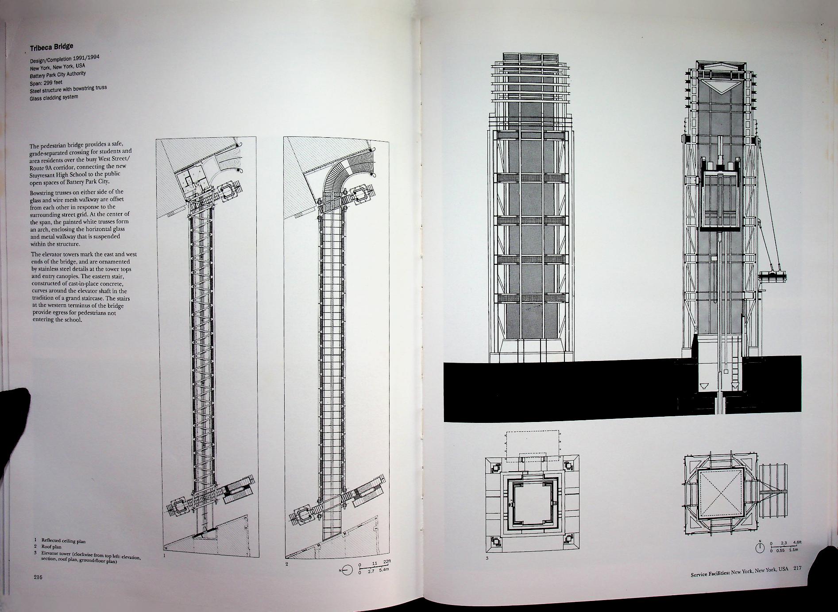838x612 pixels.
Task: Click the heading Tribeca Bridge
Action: (51, 46)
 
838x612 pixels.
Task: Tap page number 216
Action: (38, 577)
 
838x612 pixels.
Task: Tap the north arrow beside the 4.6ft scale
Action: (760, 548)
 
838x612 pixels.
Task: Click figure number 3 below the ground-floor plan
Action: (487, 558)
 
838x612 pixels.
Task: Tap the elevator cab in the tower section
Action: (719, 201)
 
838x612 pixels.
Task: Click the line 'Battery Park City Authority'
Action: (57, 74)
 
